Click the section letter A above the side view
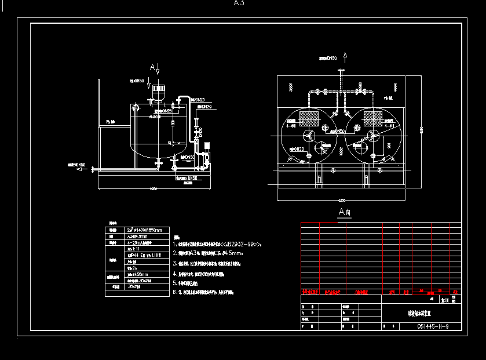pos(152,68)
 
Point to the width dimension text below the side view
pos(154,189)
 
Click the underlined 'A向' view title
pos(345,213)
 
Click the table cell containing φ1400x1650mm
pos(144,230)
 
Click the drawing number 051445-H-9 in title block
pos(432,326)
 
